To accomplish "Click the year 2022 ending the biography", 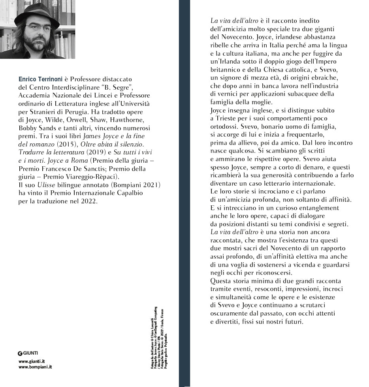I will tap(88, 201).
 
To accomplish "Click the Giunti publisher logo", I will tap(28, 353).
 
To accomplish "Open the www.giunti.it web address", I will tap(32, 361).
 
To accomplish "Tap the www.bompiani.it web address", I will tap(36, 367).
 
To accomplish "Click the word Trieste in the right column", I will tap(227, 118).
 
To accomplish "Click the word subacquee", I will tap(303, 94).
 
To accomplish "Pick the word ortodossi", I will tap(224, 126).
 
